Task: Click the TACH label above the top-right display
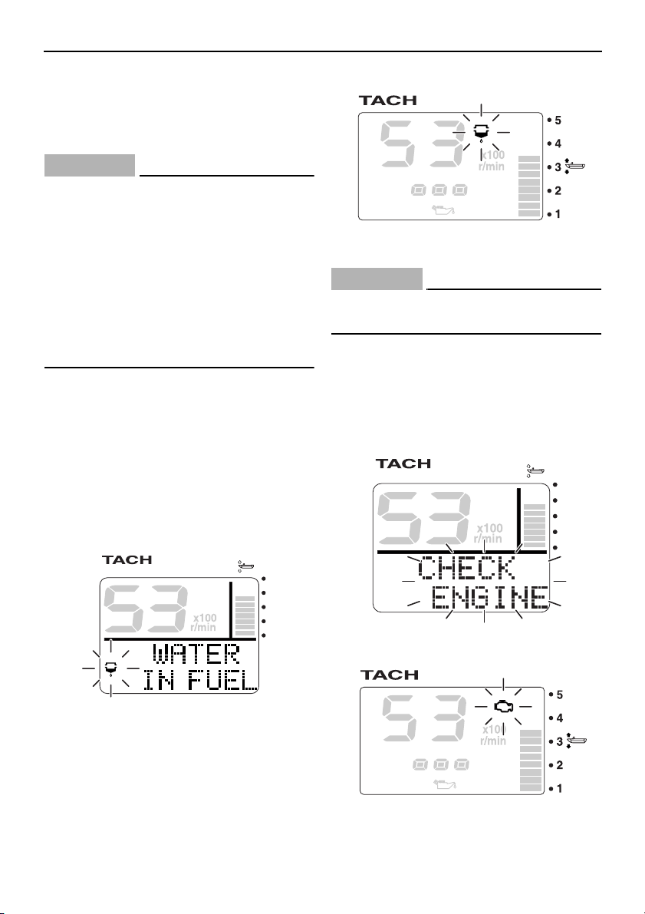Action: click(x=388, y=101)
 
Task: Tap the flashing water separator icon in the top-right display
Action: click(x=481, y=133)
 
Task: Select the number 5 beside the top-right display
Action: click(x=558, y=120)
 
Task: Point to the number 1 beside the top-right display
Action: click(x=558, y=214)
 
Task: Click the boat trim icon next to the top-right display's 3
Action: click(x=574, y=167)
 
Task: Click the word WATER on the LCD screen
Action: click(x=196, y=654)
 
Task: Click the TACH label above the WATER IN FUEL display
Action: click(x=127, y=559)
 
